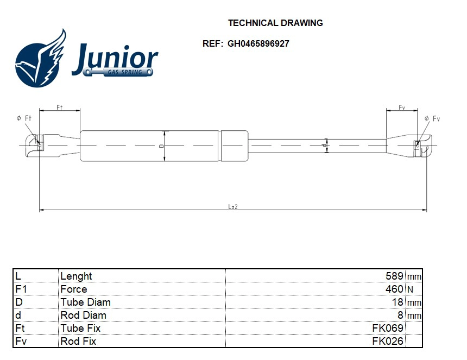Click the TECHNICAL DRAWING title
point(275,23)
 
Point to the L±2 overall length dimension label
point(233,206)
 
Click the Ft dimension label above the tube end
point(60,108)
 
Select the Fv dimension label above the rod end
point(402,108)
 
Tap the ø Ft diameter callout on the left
point(24,118)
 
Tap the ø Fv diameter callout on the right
point(432,118)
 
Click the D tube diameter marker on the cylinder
point(161,146)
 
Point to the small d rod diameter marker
point(324,146)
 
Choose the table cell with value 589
point(394,276)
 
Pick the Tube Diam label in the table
point(85,302)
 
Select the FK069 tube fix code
point(388,328)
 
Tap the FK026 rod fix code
point(388,341)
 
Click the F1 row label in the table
point(21,289)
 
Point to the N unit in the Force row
point(410,289)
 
